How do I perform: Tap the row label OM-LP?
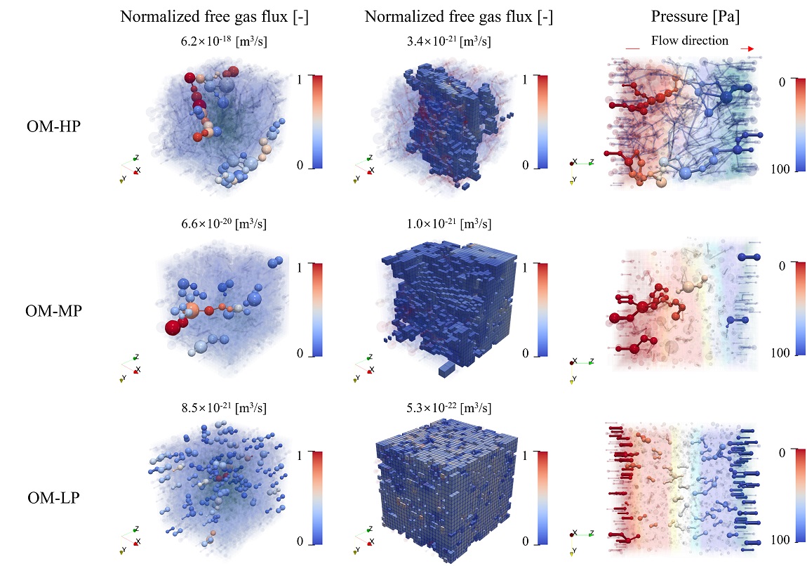point(53,498)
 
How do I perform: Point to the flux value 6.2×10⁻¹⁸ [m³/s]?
point(223,42)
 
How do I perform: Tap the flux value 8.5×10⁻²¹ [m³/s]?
point(223,407)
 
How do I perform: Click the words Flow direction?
point(690,41)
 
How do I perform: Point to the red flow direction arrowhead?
point(751,48)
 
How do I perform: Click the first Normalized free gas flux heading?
point(215,18)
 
